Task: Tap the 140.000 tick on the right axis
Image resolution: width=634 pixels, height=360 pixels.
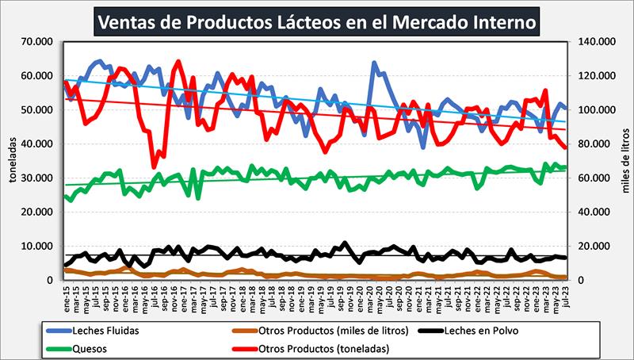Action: click(598, 41)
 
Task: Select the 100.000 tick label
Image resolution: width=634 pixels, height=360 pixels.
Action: click(598, 109)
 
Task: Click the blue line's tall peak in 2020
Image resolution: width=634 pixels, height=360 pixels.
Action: click(374, 63)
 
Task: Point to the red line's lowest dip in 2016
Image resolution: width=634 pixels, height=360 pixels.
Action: click(154, 167)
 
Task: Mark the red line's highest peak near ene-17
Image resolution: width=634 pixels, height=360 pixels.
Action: click(178, 61)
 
